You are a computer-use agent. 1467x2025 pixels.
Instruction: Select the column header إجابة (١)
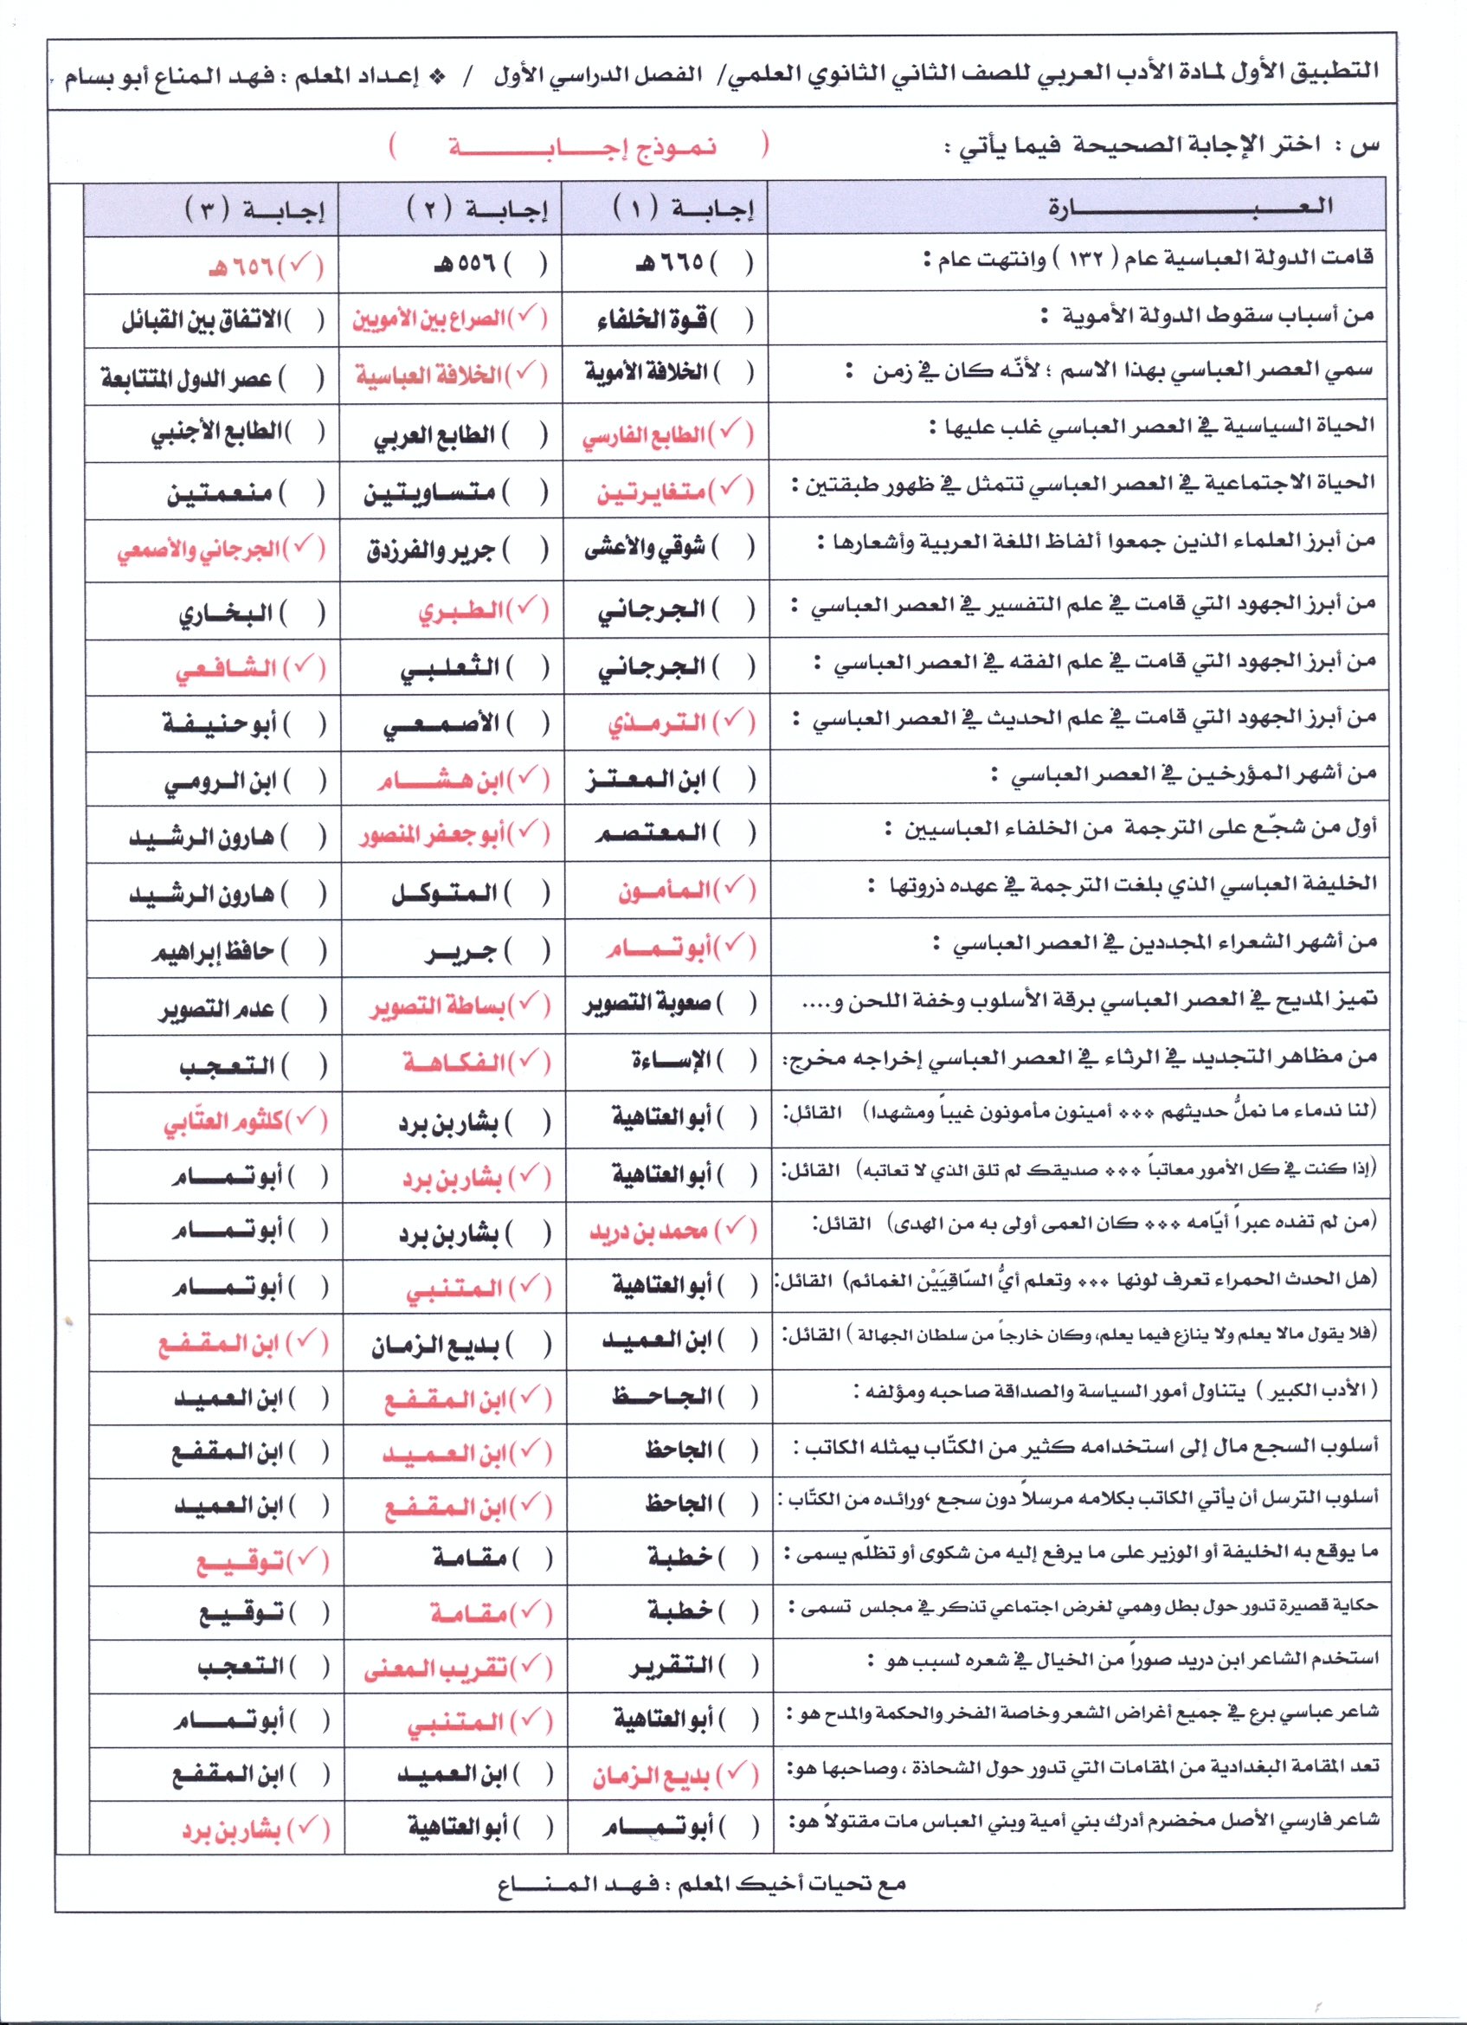click(x=684, y=209)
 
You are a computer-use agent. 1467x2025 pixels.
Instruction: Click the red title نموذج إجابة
click(x=582, y=147)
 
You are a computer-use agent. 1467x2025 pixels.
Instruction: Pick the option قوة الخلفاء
click(x=653, y=319)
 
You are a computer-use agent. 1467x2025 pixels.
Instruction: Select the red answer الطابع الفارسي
click(x=644, y=435)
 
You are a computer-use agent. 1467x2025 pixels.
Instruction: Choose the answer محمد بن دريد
click(x=648, y=1232)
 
